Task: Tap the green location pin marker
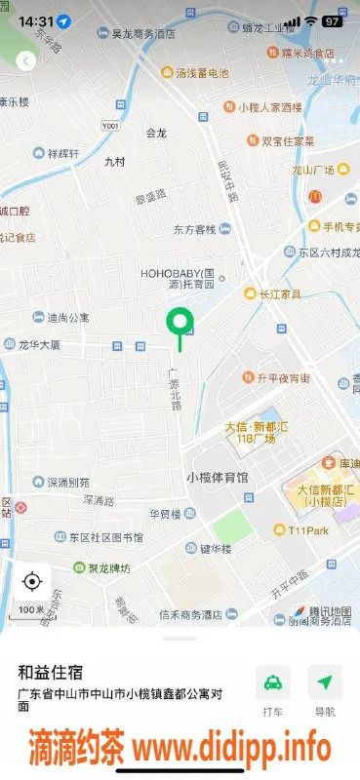[179, 322]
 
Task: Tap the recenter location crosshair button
[31, 582]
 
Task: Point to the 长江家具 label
[279, 293]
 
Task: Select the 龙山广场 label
[313, 169]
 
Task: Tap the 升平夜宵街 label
[283, 377]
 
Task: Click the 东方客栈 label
[194, 230]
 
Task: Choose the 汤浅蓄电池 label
[202, 72]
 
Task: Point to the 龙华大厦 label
[39, 344]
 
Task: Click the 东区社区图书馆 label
[105, 537]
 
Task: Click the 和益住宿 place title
[50, 672]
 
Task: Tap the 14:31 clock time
[35, 20]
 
